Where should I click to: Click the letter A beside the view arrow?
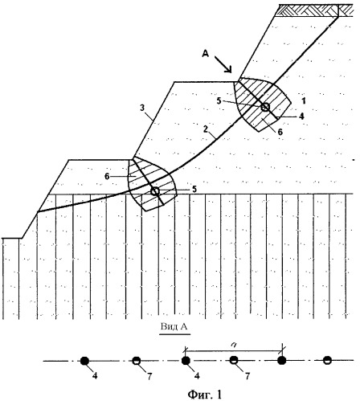click(205, 55)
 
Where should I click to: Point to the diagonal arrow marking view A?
click(223, 64)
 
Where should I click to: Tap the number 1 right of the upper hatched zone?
click(303, 101)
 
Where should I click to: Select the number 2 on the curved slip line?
click(206, 129)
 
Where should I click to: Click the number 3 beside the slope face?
click(142, 108)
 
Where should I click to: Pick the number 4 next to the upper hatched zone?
click(301, 117)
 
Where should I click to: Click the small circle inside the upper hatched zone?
click(265, 107)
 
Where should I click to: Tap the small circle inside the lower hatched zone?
click(155, 191)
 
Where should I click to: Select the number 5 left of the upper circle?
click(219, 101)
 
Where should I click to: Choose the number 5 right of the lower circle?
click(194, 189)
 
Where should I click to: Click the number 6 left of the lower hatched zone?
click(107, 177)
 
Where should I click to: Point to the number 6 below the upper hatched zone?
click(280, 132)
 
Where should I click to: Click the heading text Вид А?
click(174, 327)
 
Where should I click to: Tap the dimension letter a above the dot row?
click(234, 346)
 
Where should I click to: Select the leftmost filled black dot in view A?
click(84, 361)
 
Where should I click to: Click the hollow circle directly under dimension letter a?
click(234, 361)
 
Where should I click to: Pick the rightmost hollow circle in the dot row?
click(327, 361)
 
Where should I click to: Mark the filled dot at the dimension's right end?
click(281, 361)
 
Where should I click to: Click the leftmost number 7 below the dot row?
click(149, 376)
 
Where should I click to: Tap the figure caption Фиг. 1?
click(205, 395)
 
